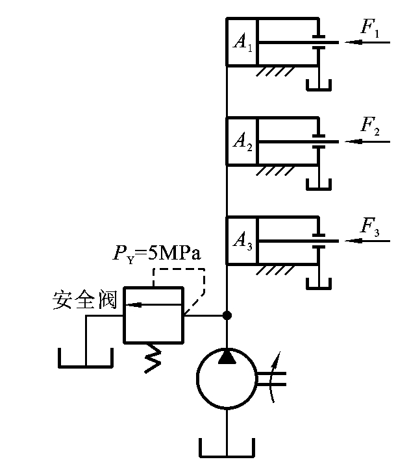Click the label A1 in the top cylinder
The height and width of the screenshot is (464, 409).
pos(241,43)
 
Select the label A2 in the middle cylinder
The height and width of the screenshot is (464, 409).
pos(241,141)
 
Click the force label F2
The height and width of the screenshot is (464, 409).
pos(369,127)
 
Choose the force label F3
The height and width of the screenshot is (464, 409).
pos(369,227)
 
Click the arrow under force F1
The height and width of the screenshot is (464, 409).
pos(367,43)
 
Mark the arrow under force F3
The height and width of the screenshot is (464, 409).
pos(367,241)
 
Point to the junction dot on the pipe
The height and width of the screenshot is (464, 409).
pos(227,316)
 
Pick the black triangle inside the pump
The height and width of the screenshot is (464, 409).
pos(227,356)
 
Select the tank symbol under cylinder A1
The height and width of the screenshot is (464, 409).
pos(318,86)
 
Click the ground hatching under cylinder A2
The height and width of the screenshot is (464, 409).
pos(272,171)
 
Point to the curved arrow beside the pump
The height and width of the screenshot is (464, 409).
pos(277,376)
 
